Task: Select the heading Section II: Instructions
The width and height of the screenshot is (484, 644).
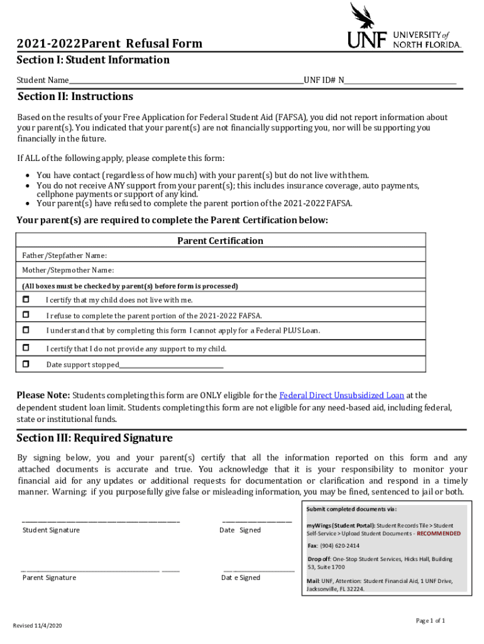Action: (x=75, y=97)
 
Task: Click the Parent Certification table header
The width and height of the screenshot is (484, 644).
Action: (x=220, y=241)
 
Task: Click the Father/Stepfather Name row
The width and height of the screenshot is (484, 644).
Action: (x=220, y=255)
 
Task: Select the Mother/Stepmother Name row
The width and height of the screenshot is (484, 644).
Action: (x=220, y=270)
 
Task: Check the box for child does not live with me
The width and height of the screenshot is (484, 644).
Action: (x=26, y=299)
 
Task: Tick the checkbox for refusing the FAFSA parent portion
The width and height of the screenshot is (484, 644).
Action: (x=26, y=314)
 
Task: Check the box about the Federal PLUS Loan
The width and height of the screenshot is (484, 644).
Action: (x=26, y=330)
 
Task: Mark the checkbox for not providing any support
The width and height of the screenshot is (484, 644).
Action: (x=26, y=348)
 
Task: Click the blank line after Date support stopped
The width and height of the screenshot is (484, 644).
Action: (x=171, y=365)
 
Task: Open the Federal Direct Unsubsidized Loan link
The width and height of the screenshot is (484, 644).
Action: (x=341, y=396)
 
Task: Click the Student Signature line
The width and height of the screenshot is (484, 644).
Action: (x=101, y=521)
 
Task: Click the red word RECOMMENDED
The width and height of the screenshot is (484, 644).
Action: (x=438, y=533)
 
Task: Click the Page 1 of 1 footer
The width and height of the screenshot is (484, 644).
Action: (x=430, y=621)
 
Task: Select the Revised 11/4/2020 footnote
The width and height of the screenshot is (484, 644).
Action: (x=37, y=626)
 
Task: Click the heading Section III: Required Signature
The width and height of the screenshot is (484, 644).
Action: (x=94, y=438)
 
